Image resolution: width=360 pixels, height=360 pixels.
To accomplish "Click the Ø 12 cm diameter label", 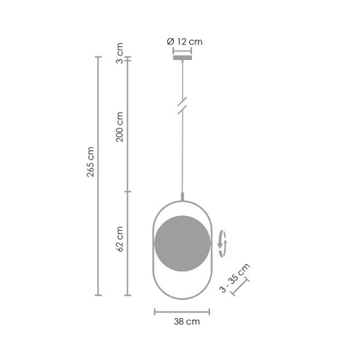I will coord(184,41).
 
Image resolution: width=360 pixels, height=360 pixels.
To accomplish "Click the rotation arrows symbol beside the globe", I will coord(223,243).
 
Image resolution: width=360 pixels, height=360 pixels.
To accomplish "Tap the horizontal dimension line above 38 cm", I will coord(182,311).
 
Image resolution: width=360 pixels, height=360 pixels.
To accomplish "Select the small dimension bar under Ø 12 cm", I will coord(182,51).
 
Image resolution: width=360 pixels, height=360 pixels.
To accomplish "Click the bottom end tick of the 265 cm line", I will coord(99,295).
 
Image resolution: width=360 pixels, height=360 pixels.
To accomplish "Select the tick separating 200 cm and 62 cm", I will coord(127,192).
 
